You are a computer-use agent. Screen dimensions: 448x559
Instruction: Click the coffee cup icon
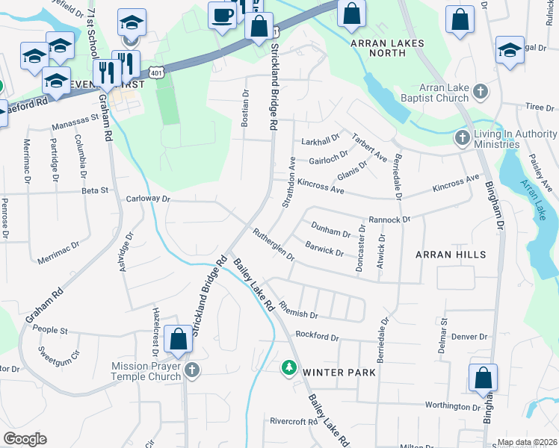pos(221,15)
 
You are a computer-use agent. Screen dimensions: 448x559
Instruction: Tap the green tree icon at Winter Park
pos(288,367)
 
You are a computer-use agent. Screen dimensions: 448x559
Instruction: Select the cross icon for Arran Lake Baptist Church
pos(481,92)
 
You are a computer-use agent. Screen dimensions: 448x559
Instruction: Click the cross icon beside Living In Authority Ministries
pos(463,139)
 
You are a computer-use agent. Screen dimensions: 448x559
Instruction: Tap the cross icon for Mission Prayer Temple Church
pos(193,370)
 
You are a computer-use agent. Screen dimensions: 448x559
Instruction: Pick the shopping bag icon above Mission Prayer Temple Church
pos(179,340)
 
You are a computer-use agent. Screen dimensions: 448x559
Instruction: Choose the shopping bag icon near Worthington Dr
pos(483,377)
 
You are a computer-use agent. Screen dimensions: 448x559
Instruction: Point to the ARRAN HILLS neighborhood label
pos(451,255)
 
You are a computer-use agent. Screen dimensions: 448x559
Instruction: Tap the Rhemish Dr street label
pos(298,306)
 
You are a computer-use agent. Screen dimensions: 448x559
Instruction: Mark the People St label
pos(50,330)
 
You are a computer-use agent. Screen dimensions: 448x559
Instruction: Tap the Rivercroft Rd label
pos(294,422)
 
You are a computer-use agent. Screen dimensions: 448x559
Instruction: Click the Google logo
pos(25,439)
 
